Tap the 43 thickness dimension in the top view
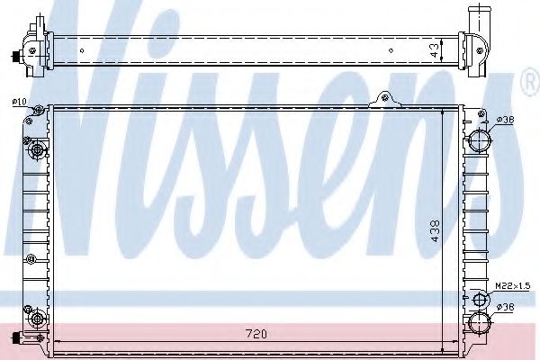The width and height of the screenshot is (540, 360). tap(436, 50)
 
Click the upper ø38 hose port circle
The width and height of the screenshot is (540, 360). tap(479, 140)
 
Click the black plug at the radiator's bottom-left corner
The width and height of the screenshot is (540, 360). tap(16, 338)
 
